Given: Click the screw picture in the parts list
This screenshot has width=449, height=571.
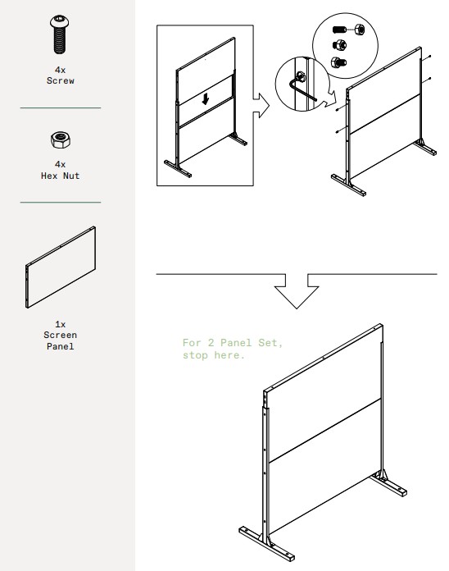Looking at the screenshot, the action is (60, 34).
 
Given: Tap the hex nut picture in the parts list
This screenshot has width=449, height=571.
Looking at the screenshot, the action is (61, 139).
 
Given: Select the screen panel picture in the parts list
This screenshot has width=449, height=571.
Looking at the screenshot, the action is (61, 267).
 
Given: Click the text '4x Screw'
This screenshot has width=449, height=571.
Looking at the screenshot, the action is (61, 75).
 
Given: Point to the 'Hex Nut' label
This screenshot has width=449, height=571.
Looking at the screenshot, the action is (61, 176).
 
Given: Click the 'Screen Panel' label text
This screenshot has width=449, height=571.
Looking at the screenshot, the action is (61, 340).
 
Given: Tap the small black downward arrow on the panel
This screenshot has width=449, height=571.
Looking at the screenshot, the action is (206, 98).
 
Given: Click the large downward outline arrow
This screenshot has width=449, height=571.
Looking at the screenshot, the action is (297, 290).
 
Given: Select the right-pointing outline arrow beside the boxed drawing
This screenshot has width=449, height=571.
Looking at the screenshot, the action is (261, 106).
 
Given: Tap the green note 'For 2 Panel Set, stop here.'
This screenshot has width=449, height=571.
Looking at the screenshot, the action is (233, 349).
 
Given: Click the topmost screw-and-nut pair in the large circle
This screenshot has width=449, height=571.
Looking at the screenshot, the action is (349, 29).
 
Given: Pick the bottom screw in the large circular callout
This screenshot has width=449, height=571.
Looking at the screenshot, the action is (338, 62).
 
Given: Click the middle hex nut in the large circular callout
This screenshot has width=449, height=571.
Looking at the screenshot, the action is (339, 45).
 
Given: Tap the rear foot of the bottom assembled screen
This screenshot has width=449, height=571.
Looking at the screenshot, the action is (388, 483).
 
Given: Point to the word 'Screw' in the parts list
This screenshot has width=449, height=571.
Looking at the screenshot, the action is (61, 80).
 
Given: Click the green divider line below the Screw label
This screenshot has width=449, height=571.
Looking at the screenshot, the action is (61, 107).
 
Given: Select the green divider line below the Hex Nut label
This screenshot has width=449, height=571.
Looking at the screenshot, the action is (61, 202).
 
